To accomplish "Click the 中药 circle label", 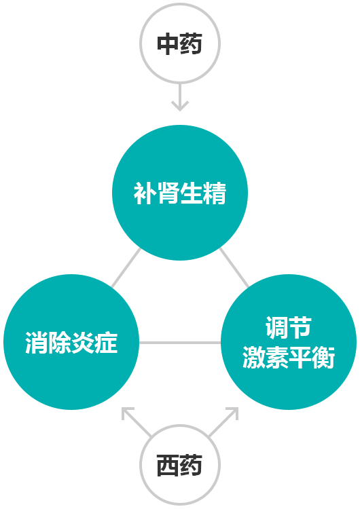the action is [x=180, y=43].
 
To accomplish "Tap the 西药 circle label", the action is [x=180, y=465].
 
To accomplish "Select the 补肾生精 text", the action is [x=180, y=193].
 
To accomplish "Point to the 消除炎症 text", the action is [x=71, y=343].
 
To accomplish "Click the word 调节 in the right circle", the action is [x=289, y=328].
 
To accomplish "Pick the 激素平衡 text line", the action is [x=289, y=358].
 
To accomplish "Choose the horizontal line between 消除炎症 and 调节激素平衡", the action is [x=180, y=343].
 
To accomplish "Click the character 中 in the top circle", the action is [x=168, y=43].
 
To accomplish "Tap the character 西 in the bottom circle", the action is [x=168, y=465].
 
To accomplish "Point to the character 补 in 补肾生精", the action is [x=145, y=193].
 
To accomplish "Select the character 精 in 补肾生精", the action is [x=215, y=193].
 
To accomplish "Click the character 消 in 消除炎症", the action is [x=37, y=343].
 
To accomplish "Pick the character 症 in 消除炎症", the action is [x=106, y=343].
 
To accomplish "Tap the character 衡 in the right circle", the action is [x=323, y=358].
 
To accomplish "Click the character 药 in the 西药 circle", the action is [x=191, y=465].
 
